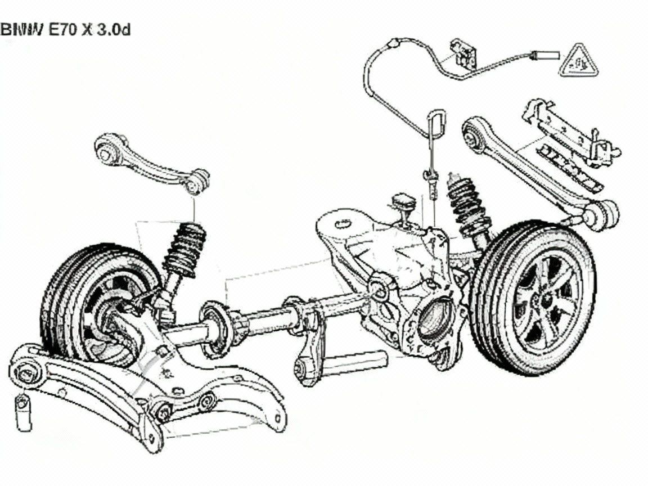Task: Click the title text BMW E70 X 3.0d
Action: pyautogui.click(x=65, y=30)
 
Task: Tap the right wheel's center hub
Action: pyautogui.click(x=544, y=299)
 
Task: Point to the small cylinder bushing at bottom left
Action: pyautogui.click(x=22, y=413)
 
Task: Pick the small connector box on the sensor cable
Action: pyautogui.click(x=463, y=53)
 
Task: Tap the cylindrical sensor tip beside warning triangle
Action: pyautogui.click(x=545, y=56)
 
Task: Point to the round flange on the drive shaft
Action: pyautogui.click(x=214, y=328)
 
